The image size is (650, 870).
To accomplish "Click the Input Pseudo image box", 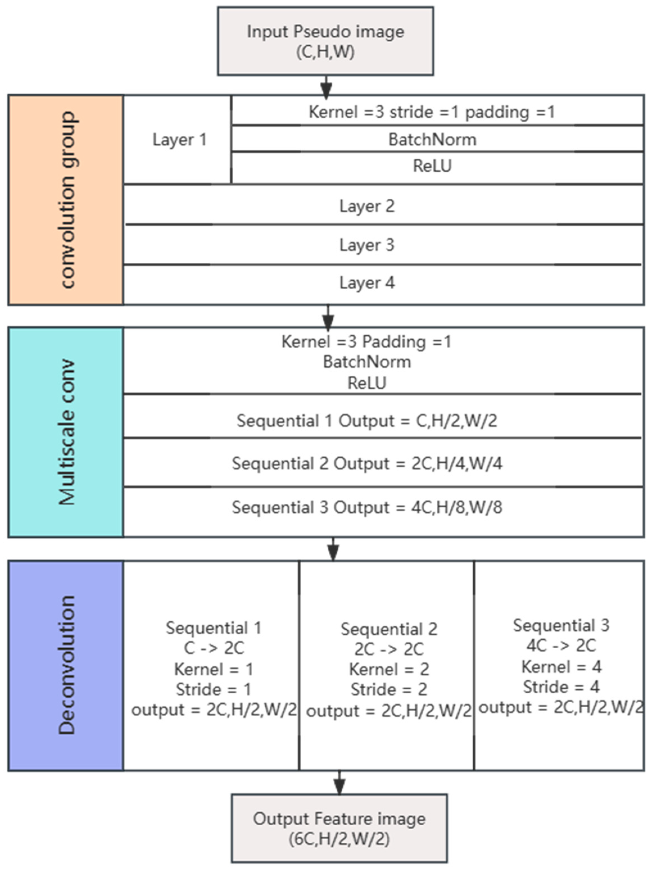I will [325, 41].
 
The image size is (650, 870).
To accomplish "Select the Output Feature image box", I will [339, 828].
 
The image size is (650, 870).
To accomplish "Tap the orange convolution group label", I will [66, 200].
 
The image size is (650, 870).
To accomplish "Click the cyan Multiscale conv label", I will [66, 432].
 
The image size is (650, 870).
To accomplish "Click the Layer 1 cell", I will [179, 140].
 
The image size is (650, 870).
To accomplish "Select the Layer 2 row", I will [367, 206].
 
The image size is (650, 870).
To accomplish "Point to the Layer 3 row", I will [367, 245].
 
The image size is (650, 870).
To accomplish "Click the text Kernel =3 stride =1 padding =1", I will [432, 112].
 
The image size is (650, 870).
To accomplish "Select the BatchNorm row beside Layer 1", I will [432, 140].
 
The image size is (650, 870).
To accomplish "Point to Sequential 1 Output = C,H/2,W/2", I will [367, 421].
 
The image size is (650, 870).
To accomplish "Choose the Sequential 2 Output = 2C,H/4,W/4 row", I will [367, 463].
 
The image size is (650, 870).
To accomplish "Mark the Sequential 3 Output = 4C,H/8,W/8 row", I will [367, 507].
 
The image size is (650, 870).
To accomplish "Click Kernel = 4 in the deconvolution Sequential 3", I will [561, 666].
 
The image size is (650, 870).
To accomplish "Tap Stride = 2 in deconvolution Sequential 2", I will [389, 689].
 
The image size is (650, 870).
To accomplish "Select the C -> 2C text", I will [214, 648].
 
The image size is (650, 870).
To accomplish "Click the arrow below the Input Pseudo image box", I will [326, 87].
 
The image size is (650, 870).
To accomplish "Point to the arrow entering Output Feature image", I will [339, 783].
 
